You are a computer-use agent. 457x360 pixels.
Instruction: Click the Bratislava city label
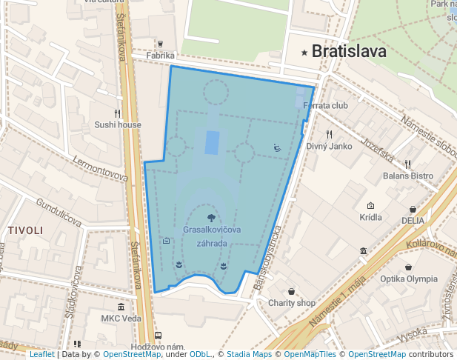[x=350, y=52]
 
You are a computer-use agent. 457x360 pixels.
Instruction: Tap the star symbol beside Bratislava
[x=304, y=53]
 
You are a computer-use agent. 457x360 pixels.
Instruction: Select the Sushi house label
[x=118, y=124]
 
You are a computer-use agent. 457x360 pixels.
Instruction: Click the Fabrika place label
[x=160, y=56]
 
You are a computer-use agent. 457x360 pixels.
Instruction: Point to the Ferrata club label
[x=325, y=105]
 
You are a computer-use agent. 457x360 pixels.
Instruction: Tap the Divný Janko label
[x=329, y=146]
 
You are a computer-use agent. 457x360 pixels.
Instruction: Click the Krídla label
[x=370, y=217]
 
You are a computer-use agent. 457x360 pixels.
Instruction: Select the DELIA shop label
[x=413, y=220]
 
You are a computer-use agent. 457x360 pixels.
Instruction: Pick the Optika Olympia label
[x=408, y=279]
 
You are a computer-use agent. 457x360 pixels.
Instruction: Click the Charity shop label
[x=292, y=303]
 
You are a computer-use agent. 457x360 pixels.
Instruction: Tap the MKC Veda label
[x=121, y=319]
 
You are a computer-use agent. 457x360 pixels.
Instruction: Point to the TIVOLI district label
[x=25, y=231]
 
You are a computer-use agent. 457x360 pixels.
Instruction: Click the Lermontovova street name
[x=101, y=168]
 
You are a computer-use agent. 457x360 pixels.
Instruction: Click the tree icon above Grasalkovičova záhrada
[x=212, y=218]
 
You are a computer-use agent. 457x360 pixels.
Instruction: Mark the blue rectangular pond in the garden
[x=213, y=141]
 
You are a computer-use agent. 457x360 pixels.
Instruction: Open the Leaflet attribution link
[x=41, y=355]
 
